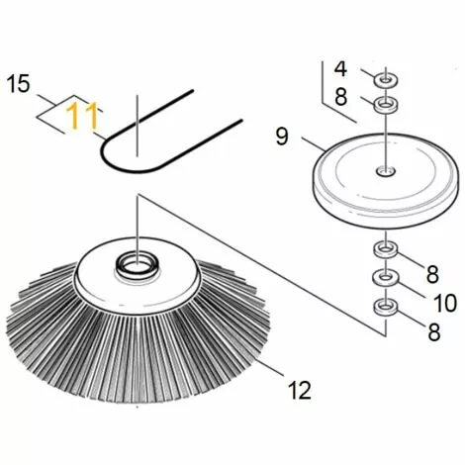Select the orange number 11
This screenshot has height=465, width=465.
[x=82, y=118]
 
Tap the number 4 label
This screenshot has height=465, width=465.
[x=340, y=69]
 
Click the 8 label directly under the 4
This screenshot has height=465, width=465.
[x=340, y=97]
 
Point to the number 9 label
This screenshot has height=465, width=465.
[x=283, y=138]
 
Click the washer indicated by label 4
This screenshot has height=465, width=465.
[x=385, y=76]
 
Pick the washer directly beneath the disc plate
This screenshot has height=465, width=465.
[x=384, y=247]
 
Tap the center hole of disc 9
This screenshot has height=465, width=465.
[x=384, y=170]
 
